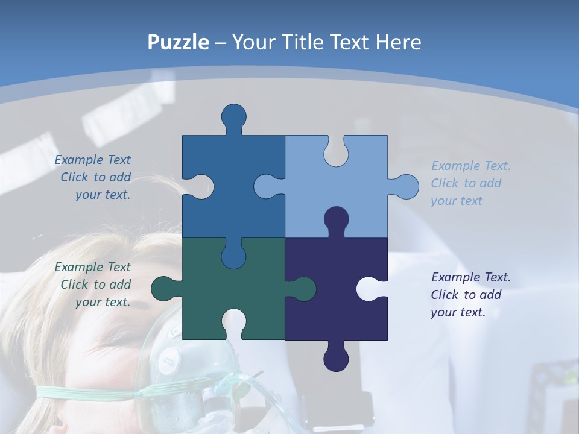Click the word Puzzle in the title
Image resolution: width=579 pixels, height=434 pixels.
click(179, 42)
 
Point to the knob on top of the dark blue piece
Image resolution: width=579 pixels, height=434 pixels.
click(233, 116)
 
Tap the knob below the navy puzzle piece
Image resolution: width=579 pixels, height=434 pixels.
click(336, 359)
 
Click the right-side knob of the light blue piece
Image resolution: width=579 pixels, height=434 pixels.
click(406, 186)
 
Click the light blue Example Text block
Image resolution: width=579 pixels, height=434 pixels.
click(470, 183)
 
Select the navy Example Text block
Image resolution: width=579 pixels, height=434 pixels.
click(470, 295)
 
